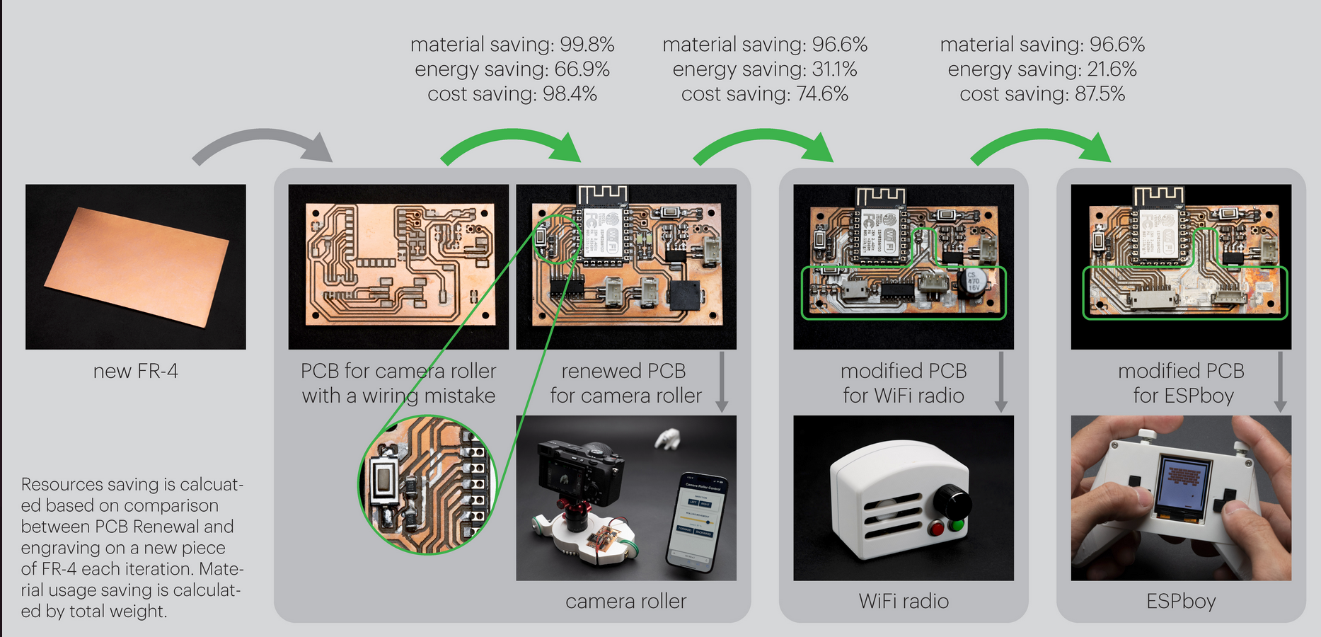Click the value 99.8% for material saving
(x=587, y=45)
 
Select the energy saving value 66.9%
(x=583, y=69)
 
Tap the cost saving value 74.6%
(x=822, y=94)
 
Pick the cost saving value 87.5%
(x=1100, y=94)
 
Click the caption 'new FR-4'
(x=135, y=371)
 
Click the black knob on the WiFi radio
(x=952, y=502)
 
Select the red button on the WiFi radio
(x=936, y=529)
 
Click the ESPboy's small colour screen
(x=1183, y=485)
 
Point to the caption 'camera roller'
(x=625, y=601)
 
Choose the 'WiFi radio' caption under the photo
(x=904, y=601)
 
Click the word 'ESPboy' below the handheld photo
(x=1181, y=601)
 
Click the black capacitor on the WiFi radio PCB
(x=974, y=281)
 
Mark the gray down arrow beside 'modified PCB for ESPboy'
(x=1280, y=382)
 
